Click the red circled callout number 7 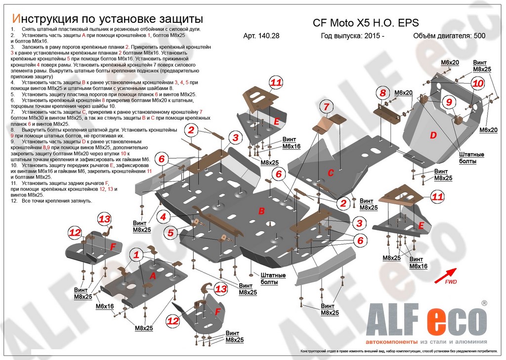point(326,106)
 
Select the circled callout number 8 point(382,92)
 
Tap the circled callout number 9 point(449,102)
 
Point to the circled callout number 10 point(477,84)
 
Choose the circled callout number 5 point(170,232)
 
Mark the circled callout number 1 point(136,255)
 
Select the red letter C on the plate point(331,172)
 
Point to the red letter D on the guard point(433,135)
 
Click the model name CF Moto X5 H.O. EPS point(366,22)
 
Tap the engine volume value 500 point(479,36)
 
